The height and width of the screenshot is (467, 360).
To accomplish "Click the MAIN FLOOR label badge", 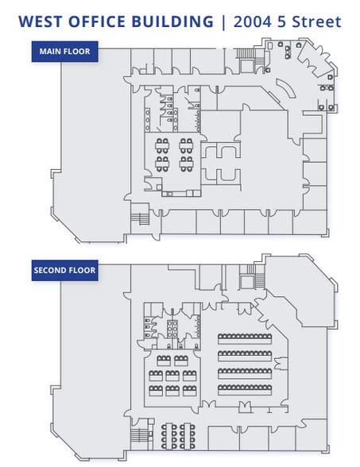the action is point(64,52).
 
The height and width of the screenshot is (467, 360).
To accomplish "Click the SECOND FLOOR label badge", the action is point(64,270).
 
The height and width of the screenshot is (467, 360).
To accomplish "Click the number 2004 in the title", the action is point(253,21).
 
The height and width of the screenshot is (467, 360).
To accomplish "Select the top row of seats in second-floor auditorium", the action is point(245,339).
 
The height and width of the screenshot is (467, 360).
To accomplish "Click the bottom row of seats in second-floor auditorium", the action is point(245,390).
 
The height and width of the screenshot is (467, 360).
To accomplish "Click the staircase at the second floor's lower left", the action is point(140,437).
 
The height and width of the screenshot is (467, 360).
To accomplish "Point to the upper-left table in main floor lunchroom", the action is point(162,145).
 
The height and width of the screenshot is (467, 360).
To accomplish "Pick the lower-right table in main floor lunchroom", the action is point(186,164).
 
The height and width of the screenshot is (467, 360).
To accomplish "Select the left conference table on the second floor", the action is point(169,436).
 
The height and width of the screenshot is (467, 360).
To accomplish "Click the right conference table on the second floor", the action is point(188,436).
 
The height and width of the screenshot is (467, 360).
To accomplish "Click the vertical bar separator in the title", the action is point(223,21).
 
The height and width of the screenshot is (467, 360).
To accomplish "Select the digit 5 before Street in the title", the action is point(281,21).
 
